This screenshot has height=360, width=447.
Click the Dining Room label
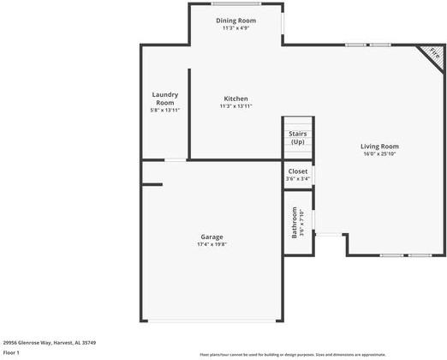pos(235,20)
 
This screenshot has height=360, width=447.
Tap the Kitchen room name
pos(235,98)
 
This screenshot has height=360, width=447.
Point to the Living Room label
pos(379,146)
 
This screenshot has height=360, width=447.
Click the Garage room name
pos(212,237)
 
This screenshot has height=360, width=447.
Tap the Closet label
pos(297,171)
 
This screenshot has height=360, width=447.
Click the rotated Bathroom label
pos(295,222)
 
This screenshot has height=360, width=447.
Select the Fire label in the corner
pos(434,54)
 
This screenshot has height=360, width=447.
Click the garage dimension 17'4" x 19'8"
pos(212,244)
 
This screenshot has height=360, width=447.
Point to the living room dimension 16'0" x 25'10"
pos(379,154)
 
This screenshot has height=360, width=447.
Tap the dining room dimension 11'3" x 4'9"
pos(235,28)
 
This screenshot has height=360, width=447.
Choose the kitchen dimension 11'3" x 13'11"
pos(235,106)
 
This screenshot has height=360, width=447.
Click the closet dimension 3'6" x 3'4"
pos(297,178)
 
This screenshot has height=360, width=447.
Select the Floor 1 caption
pos(11,352)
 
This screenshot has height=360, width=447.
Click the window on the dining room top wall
pos(235,3)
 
